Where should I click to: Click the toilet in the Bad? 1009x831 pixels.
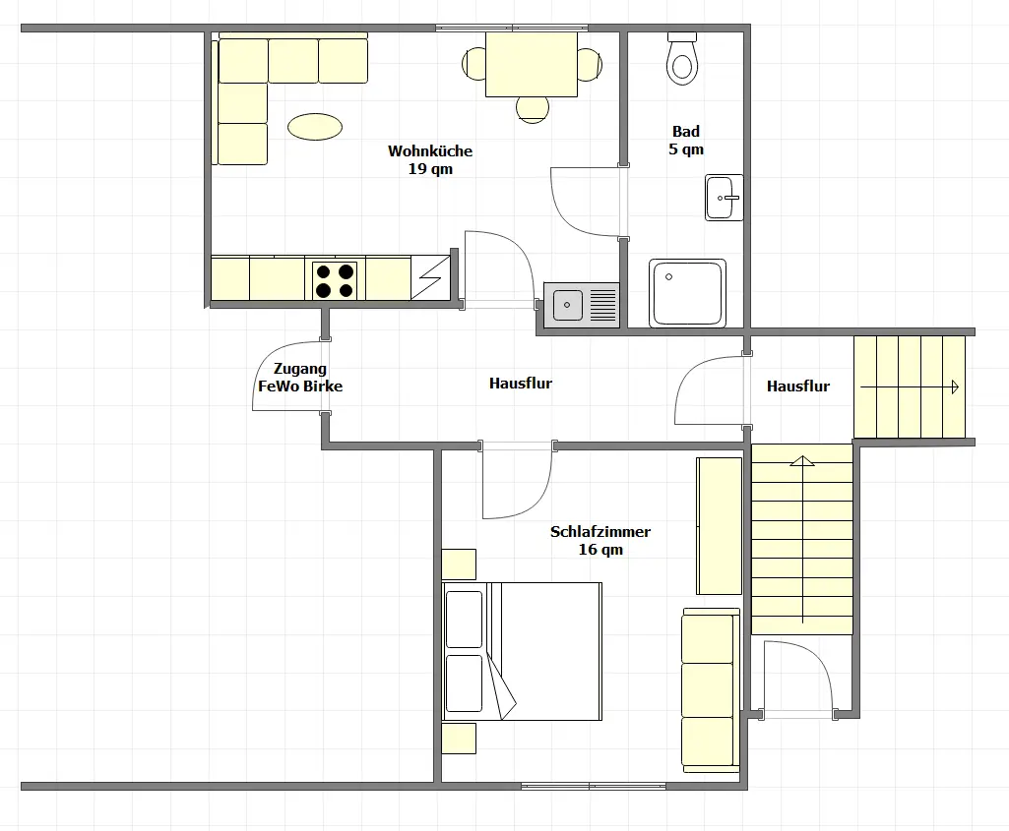682,58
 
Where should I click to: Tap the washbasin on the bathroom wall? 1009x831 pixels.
725,198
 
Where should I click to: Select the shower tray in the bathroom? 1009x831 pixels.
687,292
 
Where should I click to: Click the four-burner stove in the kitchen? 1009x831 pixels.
335,281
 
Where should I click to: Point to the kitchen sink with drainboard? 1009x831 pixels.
582,305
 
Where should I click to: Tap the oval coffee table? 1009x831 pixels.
315,126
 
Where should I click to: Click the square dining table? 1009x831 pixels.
532,64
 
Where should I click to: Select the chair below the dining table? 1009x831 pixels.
533,109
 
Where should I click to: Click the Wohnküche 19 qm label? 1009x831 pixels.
430,159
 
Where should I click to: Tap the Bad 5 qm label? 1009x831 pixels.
686,140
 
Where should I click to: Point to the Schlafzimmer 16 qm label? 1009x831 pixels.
600,540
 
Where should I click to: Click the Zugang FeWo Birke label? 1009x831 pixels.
300,378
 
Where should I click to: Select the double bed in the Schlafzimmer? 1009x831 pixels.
522,651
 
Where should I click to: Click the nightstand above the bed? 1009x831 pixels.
459,564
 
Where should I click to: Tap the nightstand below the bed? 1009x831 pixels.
459,739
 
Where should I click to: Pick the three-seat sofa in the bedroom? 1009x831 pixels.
711,690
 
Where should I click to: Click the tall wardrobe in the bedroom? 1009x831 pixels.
720,526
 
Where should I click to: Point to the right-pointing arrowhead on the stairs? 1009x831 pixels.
955,386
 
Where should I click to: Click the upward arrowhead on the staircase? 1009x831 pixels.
802,460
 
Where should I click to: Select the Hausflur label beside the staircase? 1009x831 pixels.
798,386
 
